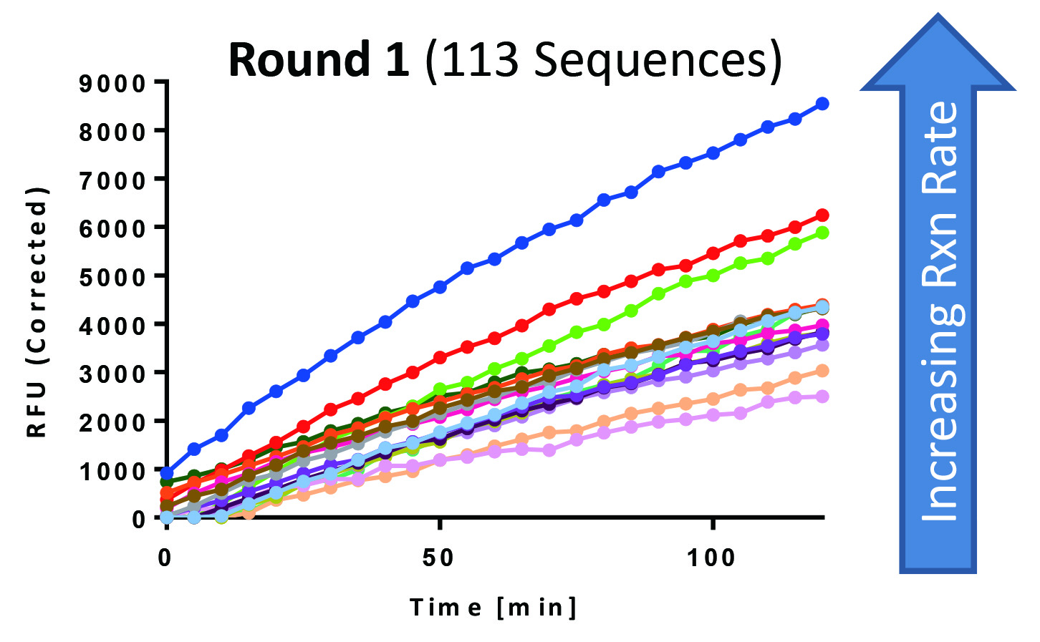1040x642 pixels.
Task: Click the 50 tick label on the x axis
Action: tap(438, 558)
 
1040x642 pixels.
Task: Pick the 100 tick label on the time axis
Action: tap(711, 558)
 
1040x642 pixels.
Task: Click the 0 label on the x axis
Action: tap(165, 558)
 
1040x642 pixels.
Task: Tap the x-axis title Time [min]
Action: tap(493, 608)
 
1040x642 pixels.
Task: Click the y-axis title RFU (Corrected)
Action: tap(37, 311)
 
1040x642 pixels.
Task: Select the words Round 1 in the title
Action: tap(319, 60)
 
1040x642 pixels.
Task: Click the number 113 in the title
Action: tap(481, 60)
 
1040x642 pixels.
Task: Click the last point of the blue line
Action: tap(822, 104)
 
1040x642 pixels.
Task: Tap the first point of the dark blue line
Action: tap(167, 473)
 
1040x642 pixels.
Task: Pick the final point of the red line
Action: tap(822, 215)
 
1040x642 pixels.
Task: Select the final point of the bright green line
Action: tap(822, 233)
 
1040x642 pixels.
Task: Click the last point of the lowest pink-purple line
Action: tap(822, 397)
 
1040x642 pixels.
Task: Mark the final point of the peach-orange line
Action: tap(822, 371)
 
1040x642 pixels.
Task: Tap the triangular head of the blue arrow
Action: tap(938, 57)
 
